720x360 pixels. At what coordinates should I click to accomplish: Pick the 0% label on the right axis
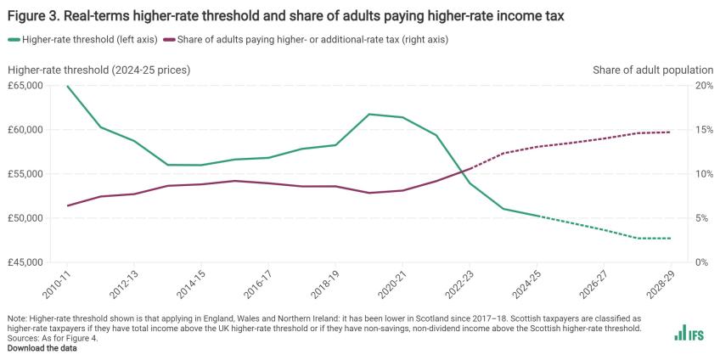point(699,262)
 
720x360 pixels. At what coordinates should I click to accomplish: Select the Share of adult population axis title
point(653,69)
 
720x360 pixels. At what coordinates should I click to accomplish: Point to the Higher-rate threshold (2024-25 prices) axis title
point(99,69)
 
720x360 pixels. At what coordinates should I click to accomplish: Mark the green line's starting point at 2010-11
point(68,86)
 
